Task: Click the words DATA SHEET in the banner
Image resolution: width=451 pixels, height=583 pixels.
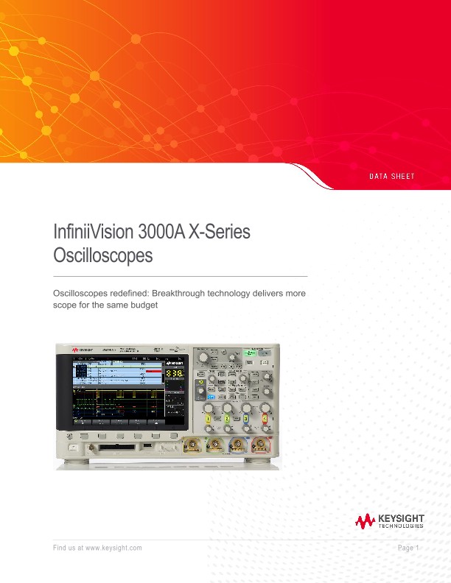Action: tap(391, 177)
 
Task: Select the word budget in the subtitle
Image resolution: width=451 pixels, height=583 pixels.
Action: tap(144, 304)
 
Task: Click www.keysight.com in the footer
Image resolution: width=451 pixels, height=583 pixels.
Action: tap(113, 548)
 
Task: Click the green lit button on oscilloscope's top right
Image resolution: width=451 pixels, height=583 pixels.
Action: tap(250, 354)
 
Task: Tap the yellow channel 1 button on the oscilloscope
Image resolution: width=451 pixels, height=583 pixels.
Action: tap(209, 419)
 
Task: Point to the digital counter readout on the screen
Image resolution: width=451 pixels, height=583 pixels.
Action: tap(175, 374)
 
